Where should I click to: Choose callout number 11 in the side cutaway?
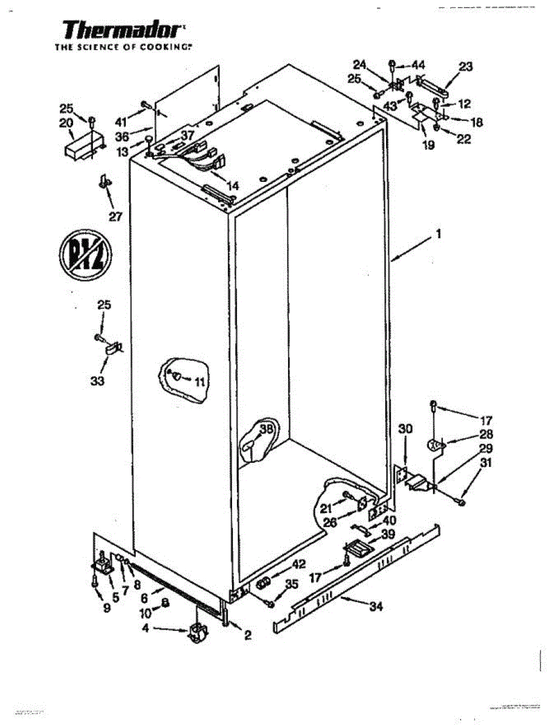tap(200, 381)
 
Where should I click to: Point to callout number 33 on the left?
tap(97, 381)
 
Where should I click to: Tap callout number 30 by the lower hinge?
tap(406, 428)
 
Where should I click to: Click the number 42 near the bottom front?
tap(298, 564)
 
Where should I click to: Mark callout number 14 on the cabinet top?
tap(233, 185)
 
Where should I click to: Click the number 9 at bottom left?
tap(107, 608)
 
